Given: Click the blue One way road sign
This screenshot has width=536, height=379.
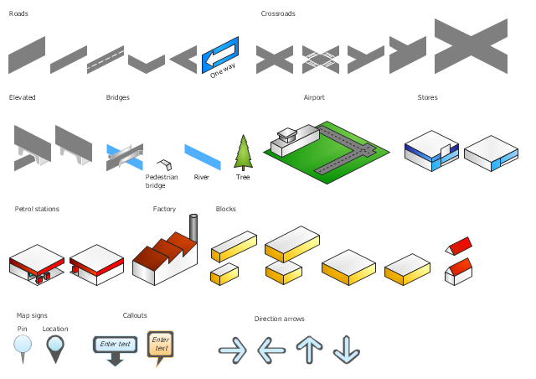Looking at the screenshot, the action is coord(219,55).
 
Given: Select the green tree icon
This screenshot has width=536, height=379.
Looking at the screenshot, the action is coord(243,153).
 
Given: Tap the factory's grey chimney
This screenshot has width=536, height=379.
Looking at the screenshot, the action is coord(193,228).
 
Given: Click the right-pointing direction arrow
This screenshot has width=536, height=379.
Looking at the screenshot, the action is coord(233,350).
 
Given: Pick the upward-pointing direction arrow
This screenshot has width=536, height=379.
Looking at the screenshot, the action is coord(309,350).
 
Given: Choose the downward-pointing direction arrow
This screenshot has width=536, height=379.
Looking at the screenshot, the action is coord(346,350).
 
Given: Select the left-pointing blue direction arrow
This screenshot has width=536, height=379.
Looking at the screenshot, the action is coord(271,350).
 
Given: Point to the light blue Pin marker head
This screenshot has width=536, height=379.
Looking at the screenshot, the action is coord(23,344).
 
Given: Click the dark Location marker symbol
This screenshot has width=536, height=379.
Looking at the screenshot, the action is coord(55,349).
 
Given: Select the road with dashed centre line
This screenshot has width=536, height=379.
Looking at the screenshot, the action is coord(106,60).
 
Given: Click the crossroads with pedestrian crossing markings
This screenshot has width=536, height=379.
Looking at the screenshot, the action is coord(321,60).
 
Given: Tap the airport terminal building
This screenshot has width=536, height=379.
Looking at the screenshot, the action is coord(295,140).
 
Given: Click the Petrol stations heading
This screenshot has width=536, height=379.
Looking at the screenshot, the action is coord(37,209).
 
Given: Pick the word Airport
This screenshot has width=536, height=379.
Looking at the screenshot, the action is coord(314,97).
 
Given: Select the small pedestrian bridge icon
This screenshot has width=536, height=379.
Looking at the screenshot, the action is coord(164,164).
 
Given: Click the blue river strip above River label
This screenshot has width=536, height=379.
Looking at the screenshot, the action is coord(203,157).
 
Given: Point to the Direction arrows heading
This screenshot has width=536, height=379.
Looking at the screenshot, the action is coord(279,319).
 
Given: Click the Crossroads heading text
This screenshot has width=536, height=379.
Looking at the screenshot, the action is coord(278,13).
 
